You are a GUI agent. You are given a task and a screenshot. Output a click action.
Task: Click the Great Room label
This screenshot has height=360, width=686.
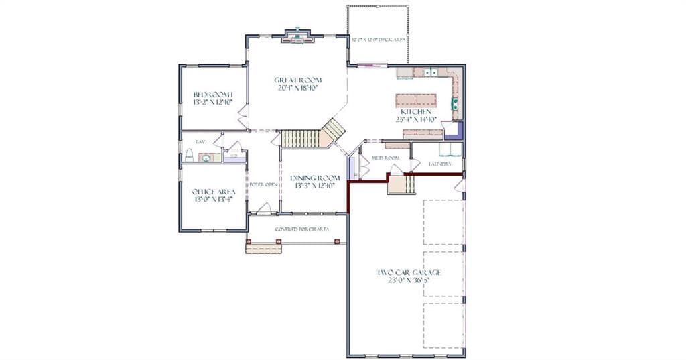(296, 80)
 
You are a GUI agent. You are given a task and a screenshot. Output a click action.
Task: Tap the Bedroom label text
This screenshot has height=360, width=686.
(212, 94)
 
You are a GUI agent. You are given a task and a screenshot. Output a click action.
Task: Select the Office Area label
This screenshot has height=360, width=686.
(214, 191)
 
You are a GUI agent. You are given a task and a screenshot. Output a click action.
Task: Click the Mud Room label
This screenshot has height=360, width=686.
(386, 158)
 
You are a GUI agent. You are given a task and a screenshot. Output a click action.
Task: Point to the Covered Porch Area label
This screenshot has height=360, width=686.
(302, 229)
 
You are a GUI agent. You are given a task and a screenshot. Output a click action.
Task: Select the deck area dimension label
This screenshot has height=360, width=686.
(379, 40)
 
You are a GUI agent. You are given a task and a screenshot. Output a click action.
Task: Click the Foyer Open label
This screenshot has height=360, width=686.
(263, 184)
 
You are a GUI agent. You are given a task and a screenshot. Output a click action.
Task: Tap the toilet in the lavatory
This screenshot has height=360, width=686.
(189, 156)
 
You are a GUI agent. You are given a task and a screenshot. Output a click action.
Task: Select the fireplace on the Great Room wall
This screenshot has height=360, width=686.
(296, 36)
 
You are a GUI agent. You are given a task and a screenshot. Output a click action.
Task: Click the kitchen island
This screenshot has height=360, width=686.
(416, 101)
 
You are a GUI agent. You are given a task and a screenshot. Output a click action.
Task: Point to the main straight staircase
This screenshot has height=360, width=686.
(299, 139)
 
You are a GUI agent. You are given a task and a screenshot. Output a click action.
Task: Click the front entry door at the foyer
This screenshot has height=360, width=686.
(263, 209)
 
